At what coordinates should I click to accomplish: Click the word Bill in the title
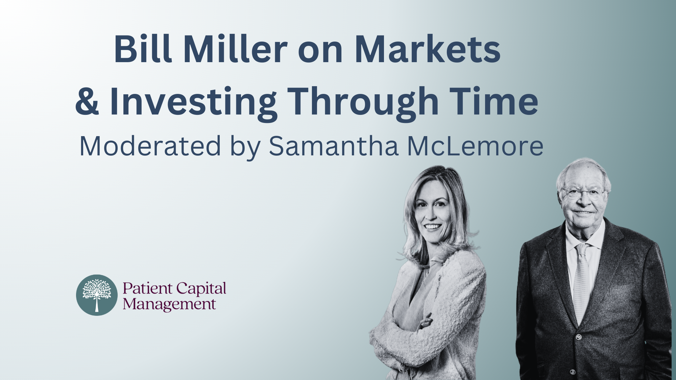[143, 49]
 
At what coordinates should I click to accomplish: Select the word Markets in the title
[428, 50]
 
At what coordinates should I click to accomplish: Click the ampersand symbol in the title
[87, 101]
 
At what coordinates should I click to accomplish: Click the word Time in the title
[494, 101]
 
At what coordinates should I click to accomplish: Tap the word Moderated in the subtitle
[150, 146]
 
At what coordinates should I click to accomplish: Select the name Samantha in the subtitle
[334, 146]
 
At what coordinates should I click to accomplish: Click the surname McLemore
[475, 146]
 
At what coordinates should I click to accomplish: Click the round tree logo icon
[97, 295]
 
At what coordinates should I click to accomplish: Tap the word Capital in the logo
[201, 289]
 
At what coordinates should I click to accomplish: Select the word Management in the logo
[169, 305]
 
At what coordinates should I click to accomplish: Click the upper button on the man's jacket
[579, 337]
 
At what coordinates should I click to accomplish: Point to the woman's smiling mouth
[433, 227]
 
